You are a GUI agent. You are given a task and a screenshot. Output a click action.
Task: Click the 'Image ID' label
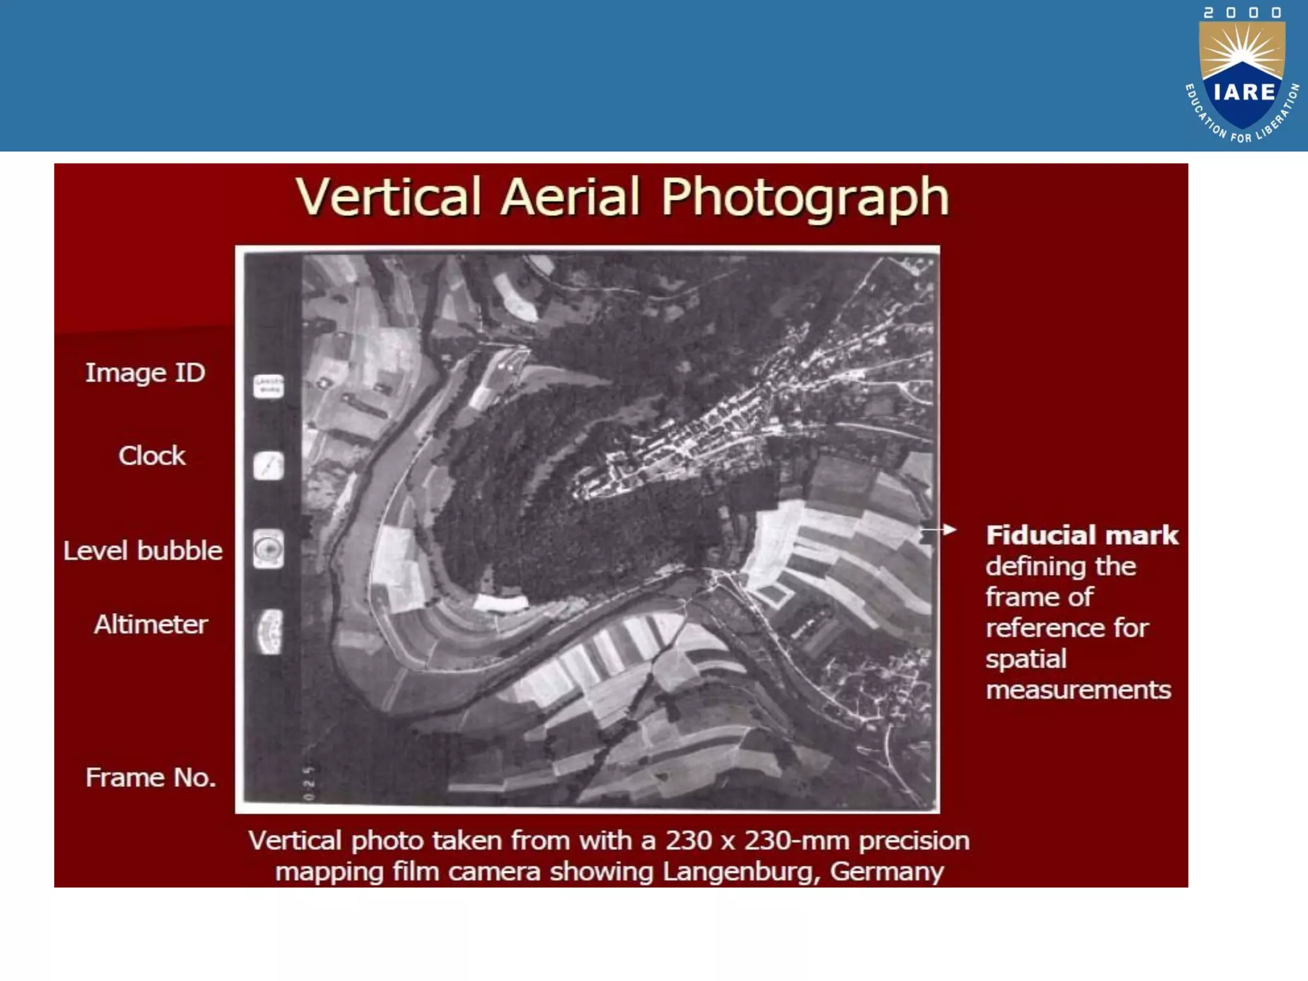click(x=145, y=373)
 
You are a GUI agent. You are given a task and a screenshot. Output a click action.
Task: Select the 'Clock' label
click(x=151, y=456)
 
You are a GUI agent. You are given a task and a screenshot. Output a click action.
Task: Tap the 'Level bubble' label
click(x=142, y=551)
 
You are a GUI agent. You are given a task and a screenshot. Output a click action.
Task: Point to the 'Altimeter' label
click(x=151, y=625)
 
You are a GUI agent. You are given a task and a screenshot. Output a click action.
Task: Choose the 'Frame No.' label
click(x=151, y=778)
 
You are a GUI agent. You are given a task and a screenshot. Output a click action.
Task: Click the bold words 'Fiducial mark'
click(x=1082, y=535)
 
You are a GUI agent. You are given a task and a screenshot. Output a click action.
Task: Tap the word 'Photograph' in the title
click(x=805, y=198)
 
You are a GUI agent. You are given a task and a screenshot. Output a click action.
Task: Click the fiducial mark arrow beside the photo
click(x=940, y=530)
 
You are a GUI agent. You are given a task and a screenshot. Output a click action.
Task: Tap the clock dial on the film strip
click(x=268, y=466)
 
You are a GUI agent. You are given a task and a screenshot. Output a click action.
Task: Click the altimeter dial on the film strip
click(x=269, y=632)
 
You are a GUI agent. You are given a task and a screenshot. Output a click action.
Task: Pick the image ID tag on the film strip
click(x=268, y=386)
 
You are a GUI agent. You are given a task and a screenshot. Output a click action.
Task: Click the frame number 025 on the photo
click(x=309, y=782)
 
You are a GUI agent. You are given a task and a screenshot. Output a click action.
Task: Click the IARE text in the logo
click(x=1243, y=93)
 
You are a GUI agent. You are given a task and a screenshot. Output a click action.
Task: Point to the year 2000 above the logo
click(x=1242, y=13)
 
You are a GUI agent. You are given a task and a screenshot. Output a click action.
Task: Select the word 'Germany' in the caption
click(x=886, y=872)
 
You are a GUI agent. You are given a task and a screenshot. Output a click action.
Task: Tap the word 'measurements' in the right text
click(x=1078, y=690)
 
